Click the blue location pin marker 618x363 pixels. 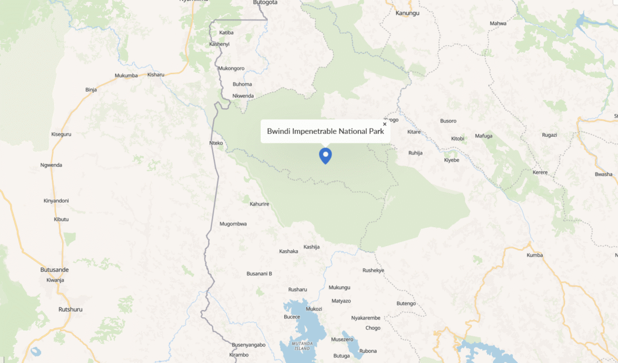coord(325,155)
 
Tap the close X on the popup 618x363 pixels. coord(384,124)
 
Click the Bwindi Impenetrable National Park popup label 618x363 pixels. coord(325,131)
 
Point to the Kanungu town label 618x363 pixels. coord(407,13)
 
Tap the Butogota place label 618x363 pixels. coord(266,2)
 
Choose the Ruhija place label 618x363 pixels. coord(415,153)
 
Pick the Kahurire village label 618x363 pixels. coord(259,204)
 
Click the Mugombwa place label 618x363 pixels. coord(233,224)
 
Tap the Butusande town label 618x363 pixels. coord(54,271)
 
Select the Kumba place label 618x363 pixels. coord(535,255)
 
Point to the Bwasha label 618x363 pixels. coord(603,174)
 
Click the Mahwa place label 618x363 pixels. coord(498,24)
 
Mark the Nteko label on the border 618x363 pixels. coord(216,143)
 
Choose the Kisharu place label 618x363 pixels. coord(156,75)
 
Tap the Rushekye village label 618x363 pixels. coord(373,270)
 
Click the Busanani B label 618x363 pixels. coord(259,274)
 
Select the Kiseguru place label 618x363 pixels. coord(61,134)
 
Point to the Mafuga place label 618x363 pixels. coord(483,136)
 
